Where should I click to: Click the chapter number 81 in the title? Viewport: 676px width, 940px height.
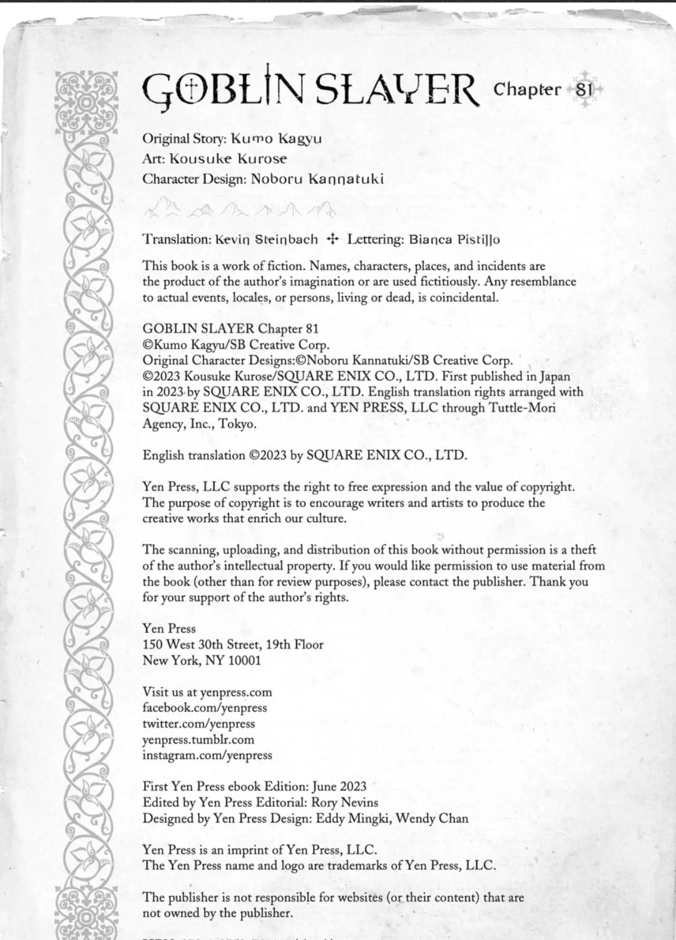583,89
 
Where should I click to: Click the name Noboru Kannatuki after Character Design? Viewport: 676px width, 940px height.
317,179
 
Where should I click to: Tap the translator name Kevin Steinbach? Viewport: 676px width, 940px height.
266,239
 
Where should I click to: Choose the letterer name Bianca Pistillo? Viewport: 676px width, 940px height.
454,239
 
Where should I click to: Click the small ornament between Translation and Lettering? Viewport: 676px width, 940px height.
332,239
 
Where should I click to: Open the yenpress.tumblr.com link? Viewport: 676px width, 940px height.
198,739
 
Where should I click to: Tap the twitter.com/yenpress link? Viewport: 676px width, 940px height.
199,723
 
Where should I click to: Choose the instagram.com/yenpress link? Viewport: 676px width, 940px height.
207,755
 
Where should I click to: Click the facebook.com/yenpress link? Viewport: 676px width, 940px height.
205,708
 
